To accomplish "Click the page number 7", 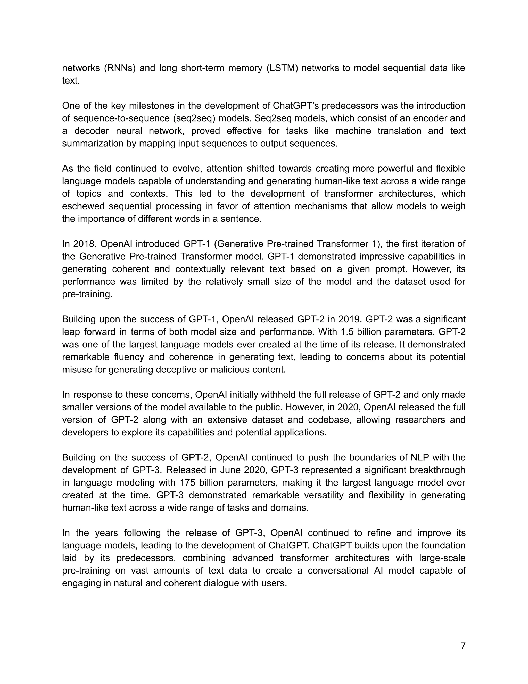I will [463, 646].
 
